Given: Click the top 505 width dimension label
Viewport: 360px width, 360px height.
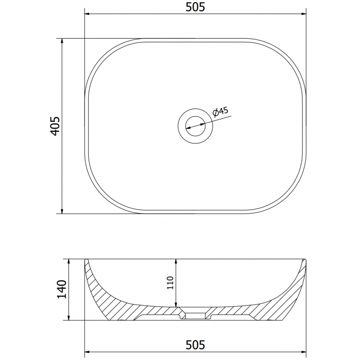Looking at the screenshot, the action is point(195,7).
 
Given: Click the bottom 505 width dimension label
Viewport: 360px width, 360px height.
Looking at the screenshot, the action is point(195,345).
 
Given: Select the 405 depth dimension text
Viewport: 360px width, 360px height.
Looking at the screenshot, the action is point(55,126).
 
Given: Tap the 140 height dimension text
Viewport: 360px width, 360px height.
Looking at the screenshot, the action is point(62,289).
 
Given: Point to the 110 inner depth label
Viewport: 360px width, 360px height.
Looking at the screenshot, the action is point(170,283).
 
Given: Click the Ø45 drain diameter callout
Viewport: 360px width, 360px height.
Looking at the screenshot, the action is point(220,112).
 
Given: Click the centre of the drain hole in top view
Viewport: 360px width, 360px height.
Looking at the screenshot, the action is point(195,126).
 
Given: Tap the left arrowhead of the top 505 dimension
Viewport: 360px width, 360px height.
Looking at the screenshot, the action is point(87,14).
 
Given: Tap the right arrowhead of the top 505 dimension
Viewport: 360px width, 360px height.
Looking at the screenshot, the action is point(303,14).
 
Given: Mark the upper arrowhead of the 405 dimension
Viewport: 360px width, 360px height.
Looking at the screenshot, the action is point(62,41).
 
